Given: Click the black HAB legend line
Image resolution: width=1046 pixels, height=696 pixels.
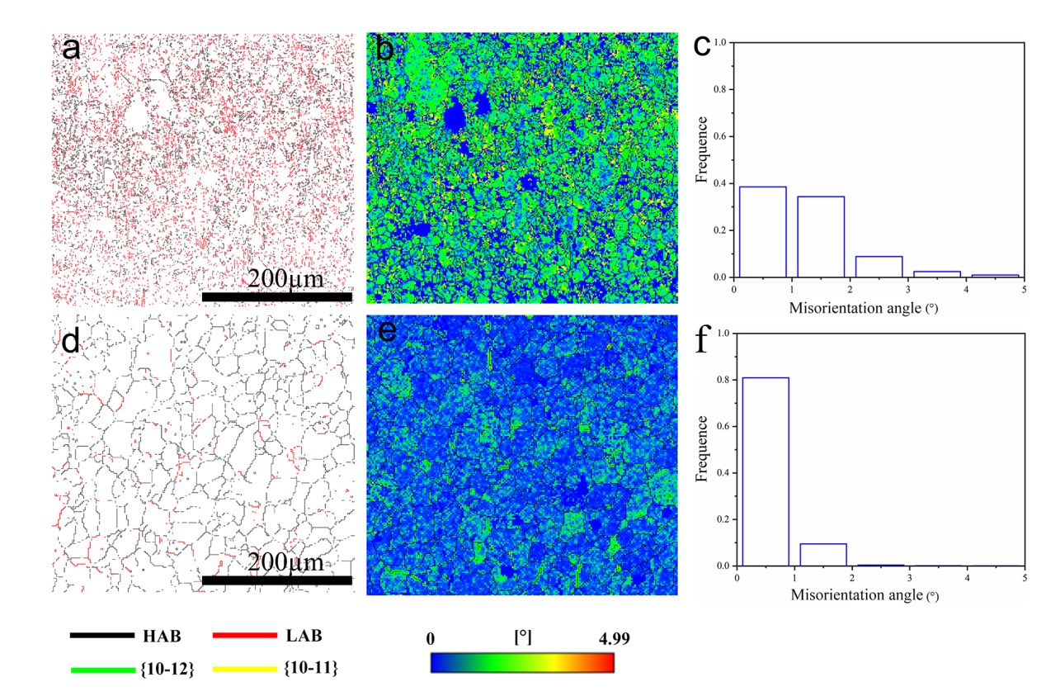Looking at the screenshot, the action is [102, 635].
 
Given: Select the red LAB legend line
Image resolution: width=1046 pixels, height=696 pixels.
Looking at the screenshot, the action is [245, 635].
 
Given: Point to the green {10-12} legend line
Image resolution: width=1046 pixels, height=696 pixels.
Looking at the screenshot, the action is [103, 670].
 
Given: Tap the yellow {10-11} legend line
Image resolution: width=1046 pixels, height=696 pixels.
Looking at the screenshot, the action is [245, 670].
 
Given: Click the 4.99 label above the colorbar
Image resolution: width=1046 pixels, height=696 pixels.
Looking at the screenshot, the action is [614, 638].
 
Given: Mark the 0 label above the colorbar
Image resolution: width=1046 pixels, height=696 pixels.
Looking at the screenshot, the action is [430, 638].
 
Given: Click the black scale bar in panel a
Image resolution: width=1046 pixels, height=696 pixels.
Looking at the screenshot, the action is [277, 297].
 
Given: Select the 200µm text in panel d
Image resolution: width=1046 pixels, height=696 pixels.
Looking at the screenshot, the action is [285, 562].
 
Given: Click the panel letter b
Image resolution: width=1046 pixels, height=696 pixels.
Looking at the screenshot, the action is [384, 49].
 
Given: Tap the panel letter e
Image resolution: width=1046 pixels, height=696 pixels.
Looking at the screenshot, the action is [387, 331].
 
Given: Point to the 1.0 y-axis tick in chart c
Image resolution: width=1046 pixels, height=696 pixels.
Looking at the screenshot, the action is [720, 43].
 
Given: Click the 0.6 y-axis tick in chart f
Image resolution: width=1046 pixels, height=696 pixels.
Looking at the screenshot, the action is [723, 426].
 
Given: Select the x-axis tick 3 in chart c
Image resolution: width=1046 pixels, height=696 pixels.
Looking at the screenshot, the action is [907, 290].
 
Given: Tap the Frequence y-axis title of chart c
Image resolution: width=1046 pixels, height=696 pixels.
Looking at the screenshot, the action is [701, 149].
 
